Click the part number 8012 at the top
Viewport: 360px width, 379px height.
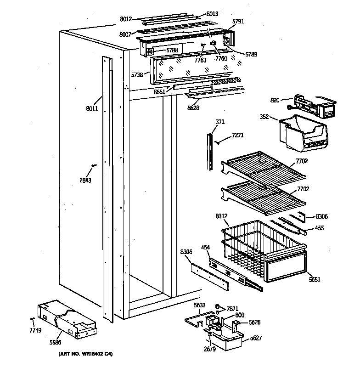pos(125,19)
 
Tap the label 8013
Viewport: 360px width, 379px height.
pos(212,14)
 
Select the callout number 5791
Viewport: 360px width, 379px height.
pos(238,21)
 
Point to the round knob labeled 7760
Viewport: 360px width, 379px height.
pos(214,43)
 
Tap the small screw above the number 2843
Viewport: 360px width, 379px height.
pos(94,165)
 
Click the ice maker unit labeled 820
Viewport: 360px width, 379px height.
pos(312,107)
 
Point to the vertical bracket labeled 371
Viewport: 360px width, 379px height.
pos(210,152)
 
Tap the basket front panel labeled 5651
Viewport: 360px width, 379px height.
pos(285,267)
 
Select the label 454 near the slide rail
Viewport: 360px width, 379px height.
pos(205,248)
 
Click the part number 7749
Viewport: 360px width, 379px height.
pos(35,331)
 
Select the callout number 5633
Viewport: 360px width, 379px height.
pos(200,305)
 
